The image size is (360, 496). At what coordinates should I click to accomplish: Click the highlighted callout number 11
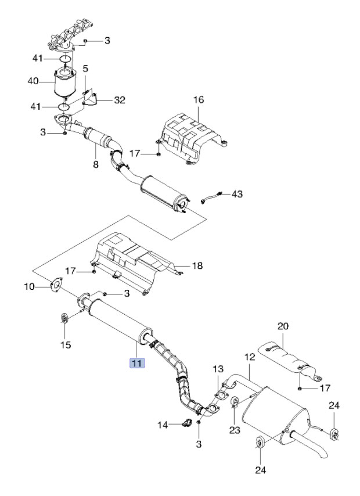136,362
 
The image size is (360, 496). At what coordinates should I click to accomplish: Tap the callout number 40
33,81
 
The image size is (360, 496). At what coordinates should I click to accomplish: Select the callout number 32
120,100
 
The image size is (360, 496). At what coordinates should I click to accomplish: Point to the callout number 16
199,100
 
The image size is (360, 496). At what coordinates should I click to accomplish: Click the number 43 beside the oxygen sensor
237,193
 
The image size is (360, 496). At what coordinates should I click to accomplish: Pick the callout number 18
197,265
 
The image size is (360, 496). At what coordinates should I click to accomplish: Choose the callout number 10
30,287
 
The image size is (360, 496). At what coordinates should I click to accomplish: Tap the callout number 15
66,344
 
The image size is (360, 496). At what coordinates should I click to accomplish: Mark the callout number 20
283,326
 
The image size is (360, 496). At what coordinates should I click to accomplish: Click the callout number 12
250,357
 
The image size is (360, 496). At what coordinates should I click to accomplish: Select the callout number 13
218,369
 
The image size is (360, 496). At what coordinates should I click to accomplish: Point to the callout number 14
163,425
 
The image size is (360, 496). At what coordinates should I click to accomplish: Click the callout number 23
235,430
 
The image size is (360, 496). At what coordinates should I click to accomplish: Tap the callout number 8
96,164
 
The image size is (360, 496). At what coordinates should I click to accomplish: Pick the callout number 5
85,69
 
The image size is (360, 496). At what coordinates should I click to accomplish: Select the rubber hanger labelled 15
64,318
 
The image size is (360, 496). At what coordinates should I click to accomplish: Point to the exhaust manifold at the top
70,37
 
